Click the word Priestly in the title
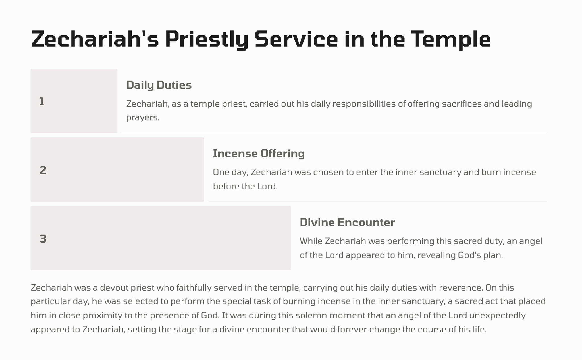pyautogui.click(x=207, y=40)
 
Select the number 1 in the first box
pyautogui.click(x=41, y=102)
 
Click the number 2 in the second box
pyautogui.click(x=43, y=170)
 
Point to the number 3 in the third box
pyautogui.click(x=43, y=239)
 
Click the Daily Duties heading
pyautogui.click(x=159, y=85)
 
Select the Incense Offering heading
pyautogui.click(x=259, y=154)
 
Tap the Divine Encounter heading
pyautogui.click(x=347, y=222)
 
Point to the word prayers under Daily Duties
pyautogui.click(x=143, y=118)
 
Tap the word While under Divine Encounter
pyautogui.click(x=311, y=241)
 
